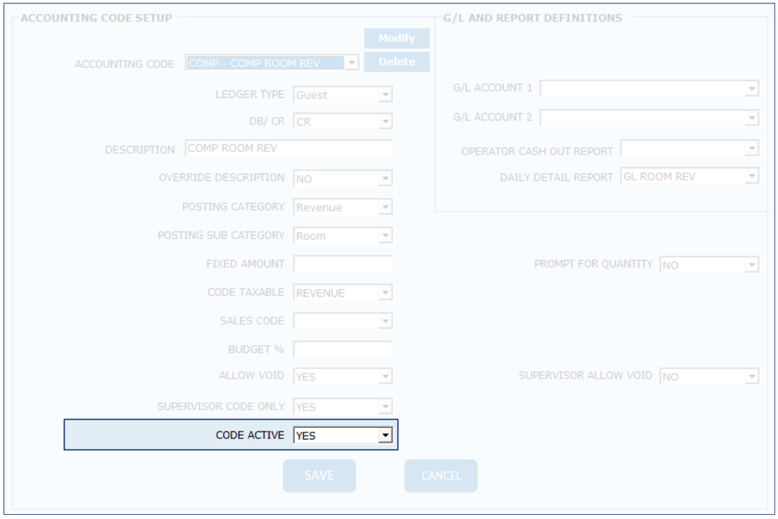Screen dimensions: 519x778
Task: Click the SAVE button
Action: pyautogui.click(x=319, y=476)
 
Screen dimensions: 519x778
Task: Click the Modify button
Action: pyautogui.click(x=396, y=38)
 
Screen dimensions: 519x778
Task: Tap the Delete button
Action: pyautogui.click(x=396, y=62)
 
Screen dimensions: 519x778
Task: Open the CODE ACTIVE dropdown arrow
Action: pyautogui.click(x=384, y=436)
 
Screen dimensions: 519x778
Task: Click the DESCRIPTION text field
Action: pyautogui.click(x=289, y=149)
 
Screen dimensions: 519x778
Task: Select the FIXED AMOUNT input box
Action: pyautogui.click(x=343, y=264)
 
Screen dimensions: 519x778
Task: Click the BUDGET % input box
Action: pyautogui.click(x=343, y=349)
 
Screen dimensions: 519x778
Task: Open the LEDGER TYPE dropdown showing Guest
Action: pyautogui.click(x=343, y=95)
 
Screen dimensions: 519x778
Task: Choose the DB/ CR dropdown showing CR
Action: pyautogui.click(x=343, y=122)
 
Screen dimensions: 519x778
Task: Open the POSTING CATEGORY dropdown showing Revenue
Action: pyautogui.click(x=343, y=207)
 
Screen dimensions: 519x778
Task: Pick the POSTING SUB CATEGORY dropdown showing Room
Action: pyautogui.click(x=343, y=236)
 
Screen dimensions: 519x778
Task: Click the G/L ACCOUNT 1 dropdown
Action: pyautogui.click(x=649, y=89)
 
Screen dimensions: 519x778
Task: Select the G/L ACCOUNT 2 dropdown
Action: pyautogui.click(x=649, y=117)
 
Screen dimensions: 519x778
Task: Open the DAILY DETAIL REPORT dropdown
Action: pyautogui.click(x=690, y=177)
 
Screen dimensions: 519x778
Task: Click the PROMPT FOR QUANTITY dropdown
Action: pyautogui.click(x=709, y=265)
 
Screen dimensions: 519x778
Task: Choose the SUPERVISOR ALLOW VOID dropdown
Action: pyautogui.click(x=709, y=377)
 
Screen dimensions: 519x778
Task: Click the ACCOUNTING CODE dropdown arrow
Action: pyautogui.click(x=352, y=63)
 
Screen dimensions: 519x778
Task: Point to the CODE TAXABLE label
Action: pyautogui.click(x=246, y=293)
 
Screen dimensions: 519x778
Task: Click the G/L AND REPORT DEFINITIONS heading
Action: pyautogui.click(x=533, y=18)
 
